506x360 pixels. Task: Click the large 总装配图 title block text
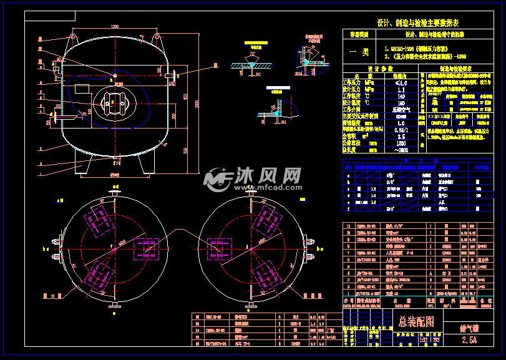pos(417,322)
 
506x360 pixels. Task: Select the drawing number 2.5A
pos(469,340)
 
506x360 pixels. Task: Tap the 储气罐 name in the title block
pos(469,325)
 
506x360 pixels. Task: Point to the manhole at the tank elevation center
pos(113,102)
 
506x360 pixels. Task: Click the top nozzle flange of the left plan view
pos(115,193)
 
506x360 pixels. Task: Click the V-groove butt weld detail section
pos(253,64)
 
